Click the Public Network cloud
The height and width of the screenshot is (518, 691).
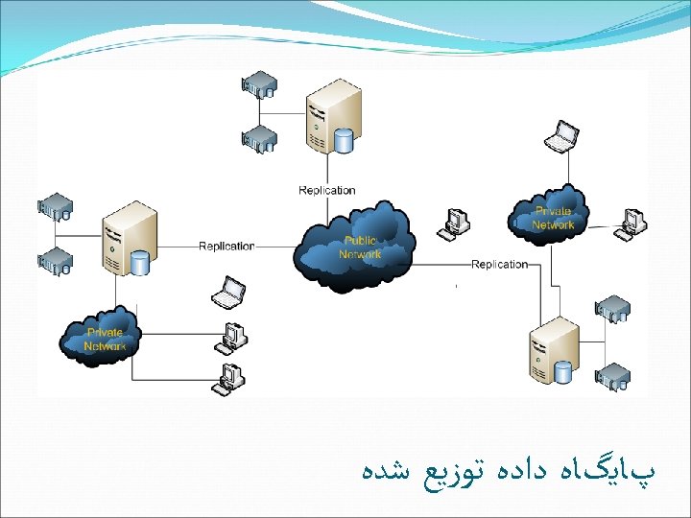click(356, 247)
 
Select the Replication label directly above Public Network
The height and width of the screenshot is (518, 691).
click(327, 190)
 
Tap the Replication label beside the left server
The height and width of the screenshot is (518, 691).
click(226, 246)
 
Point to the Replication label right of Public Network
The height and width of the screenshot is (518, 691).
click(499, 264)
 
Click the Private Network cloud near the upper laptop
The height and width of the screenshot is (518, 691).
click(553, 217)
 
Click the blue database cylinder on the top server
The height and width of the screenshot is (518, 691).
click(344, 142)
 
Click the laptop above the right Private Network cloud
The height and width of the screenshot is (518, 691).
click(561, 135)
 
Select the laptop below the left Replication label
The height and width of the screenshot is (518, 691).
click(229, 293)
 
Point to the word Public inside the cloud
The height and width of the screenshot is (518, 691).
click(360, 242)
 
